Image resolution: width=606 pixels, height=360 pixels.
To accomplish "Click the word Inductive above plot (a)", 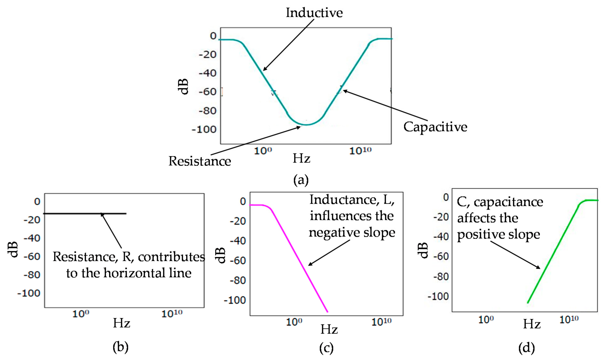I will point(314,13).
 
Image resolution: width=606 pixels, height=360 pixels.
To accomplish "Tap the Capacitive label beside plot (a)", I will point(435,127).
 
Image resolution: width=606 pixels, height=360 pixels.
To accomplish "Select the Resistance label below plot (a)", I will point(200,161).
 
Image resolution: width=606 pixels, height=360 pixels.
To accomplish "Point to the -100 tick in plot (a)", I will point(204,129).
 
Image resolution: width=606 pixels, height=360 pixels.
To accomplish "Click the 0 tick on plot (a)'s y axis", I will point(213,36).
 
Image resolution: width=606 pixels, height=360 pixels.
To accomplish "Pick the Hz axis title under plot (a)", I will point(301,158).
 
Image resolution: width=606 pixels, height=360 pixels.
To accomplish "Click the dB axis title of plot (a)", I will point(183,86).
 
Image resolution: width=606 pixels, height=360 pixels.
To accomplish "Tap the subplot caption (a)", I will point(301,180).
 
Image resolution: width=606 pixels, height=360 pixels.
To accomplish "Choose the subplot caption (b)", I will point(120,347).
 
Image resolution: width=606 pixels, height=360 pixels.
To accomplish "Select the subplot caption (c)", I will point(326,348).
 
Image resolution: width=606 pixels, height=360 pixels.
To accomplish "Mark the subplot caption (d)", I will point(526,348).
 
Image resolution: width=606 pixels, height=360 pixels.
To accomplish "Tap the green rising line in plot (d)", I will point(552,254).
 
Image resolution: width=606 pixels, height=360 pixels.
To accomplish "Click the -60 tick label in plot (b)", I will point(32,257).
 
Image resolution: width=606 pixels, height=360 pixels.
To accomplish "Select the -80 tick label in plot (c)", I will point(238,280).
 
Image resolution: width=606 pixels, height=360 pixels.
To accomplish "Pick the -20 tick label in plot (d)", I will point(441,217).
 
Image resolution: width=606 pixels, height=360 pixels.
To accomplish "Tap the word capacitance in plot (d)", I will point(508,202).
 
